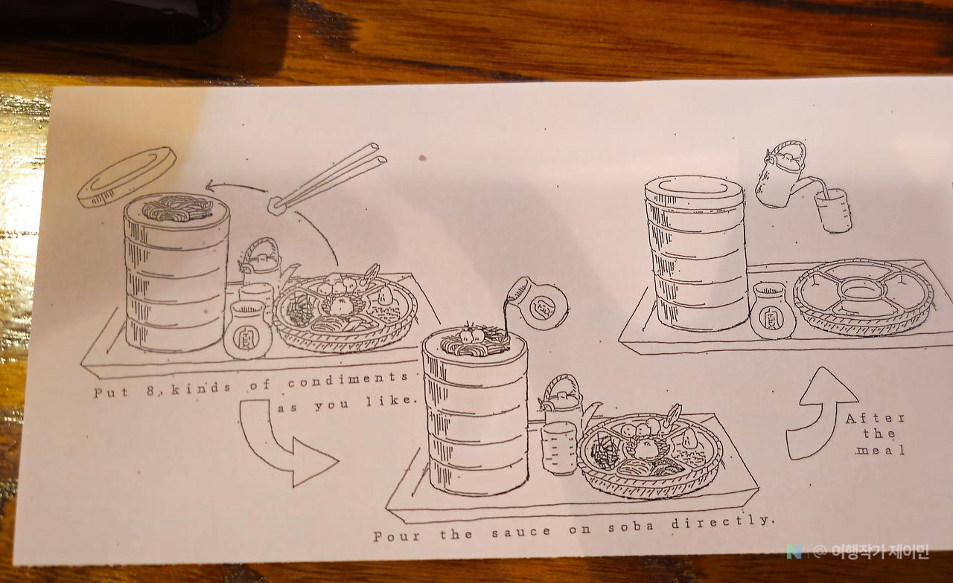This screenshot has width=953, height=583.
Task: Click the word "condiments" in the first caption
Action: (x=348, y=379)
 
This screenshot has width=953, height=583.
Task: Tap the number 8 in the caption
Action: (x=150, y=390)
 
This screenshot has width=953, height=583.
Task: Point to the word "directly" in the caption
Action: (x=721, y=521)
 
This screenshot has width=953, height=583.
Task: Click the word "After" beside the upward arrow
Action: (x=875, y=419)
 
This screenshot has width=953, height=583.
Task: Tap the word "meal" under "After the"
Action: (x=880, y=451)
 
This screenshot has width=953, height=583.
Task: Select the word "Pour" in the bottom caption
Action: (x=397, y=536)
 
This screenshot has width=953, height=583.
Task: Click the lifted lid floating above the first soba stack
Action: (x=127, y=177)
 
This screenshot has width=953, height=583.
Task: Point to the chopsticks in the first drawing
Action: (x=328, y=178)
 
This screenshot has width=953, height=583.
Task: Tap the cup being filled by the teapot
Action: (x=833, y=210)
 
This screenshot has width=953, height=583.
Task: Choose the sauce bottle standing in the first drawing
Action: (x=248, y=329)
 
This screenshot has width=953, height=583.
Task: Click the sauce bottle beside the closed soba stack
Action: (x=772, y=311)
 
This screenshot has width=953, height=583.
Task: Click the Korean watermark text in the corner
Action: (x=879, y=552)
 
